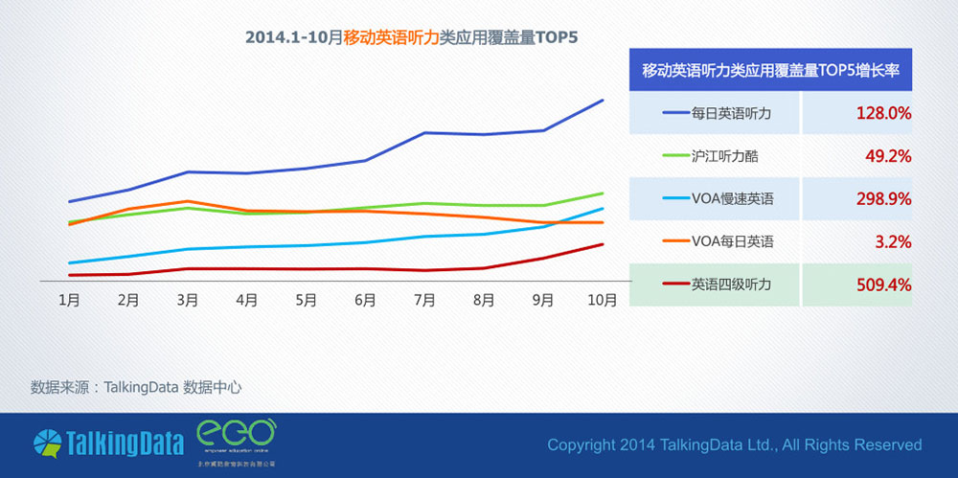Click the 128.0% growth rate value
[x=882, y=113]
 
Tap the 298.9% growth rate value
[x=882, y=199]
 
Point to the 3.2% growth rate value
[x=892, y=242]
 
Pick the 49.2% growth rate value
[x=886, y=156]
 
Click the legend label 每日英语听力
[x=731, y=113]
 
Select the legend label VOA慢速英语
[x=732, y=199]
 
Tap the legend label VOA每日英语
[x=732, y=242]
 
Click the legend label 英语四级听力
[x=731, y=285]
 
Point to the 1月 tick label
[x=69, y=300]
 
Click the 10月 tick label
[x=602, y=300]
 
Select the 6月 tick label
[x=365, y=300]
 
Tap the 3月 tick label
[x=188, y=300]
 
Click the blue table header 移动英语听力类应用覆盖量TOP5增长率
[x=770, y=71]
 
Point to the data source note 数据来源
[x=135, y=387]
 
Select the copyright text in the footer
[x=734, y=444]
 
